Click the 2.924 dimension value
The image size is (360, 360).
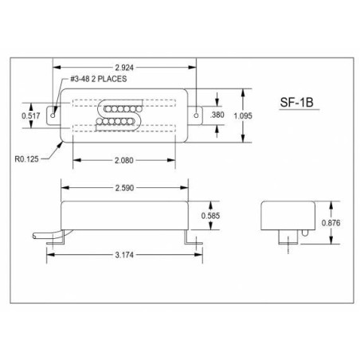pos(124,68)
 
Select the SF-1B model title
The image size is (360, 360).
pos(296,103)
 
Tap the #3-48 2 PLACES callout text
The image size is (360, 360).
pos(99,79)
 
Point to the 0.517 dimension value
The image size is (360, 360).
pos(31,115)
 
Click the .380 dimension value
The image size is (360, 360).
pos(217,115)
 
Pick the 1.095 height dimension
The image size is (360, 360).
pos(243,115)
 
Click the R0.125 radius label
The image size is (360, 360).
pos(26,159)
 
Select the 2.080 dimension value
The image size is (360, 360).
pos(124,160)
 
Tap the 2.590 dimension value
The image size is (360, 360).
pos(124,188)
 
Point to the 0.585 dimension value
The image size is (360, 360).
pos(210,216)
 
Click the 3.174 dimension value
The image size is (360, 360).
pos(124,255)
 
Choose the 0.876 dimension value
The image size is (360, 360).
pos(331,223)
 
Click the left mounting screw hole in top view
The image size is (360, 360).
pos(53,115)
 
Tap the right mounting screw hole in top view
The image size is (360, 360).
pos(196,115)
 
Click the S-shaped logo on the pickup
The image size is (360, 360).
pos(119,115)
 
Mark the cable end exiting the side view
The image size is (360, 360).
pos(34,236)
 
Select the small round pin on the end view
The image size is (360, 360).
pos(305,233)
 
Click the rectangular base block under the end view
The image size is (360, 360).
pos(288,237)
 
